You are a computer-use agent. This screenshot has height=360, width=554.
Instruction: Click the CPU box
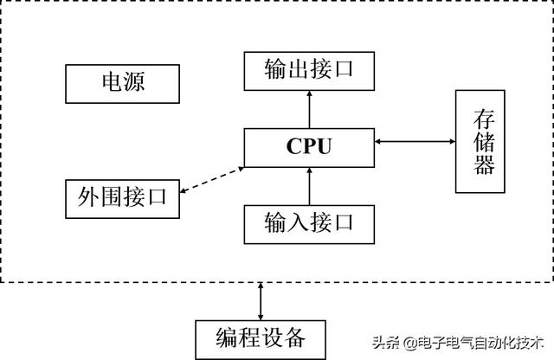pyautogui.click(x=309, y=147)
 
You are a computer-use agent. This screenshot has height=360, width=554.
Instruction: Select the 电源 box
pyautogui.click(x=122, y=84)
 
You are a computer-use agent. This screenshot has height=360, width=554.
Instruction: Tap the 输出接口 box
pyautogui.click(x=309, y=70)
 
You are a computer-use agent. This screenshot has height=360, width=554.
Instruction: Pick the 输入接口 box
pyautogui.click(x=309, y=222)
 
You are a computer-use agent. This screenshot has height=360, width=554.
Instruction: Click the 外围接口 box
pyautogui.click(x=122, y=199)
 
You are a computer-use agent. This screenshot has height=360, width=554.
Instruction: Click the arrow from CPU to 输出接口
pyautogui.click(x=309, y=108)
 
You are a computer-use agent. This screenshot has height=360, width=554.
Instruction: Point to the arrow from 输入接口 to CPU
pyautogui.click(x=309, y=185)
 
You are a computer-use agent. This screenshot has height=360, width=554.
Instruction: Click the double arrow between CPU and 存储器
pyautogui.click(x=415, y=141)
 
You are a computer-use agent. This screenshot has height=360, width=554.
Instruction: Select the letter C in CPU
pyautogui.click(x=294, y=147)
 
